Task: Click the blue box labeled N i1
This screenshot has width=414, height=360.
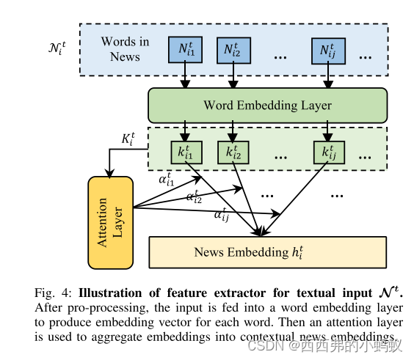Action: (x=186, y=49)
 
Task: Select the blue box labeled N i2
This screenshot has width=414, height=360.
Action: (x=233, y=49)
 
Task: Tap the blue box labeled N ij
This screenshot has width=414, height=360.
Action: (x=327, y=49)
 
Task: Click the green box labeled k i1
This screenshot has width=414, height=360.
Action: (x=186, y=153)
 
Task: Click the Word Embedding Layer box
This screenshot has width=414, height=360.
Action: (x=267, y=105)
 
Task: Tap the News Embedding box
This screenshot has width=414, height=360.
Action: (x=267, y=252)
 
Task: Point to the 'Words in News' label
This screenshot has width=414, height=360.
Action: (x=125, y=49)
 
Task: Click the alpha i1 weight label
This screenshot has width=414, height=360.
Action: (x=167, y=178)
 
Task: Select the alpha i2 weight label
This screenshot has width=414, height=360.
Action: (x=195, y=196)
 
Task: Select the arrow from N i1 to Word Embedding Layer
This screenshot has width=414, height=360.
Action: (x=186, y=75)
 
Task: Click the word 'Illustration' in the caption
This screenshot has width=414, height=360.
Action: (x=115, y=293)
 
